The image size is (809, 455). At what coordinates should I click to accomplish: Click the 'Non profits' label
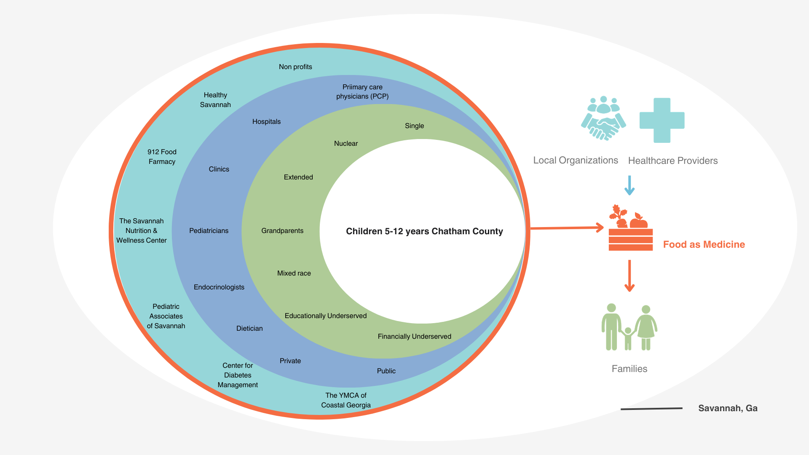pos(295,67)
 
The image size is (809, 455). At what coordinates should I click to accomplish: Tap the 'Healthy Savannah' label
pos(215,100)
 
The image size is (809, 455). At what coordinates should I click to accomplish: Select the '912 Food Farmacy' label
pos(162,157)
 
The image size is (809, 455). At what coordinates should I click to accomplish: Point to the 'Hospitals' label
pos(266,122)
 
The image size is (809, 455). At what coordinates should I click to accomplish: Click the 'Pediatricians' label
pos(209,231)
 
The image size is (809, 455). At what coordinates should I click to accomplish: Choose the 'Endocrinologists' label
pos(219,287)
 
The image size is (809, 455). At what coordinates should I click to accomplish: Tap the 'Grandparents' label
pos(282,231)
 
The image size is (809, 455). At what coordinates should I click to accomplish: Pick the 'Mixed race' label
pos(294,273)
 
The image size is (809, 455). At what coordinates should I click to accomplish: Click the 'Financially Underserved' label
pos(414,337)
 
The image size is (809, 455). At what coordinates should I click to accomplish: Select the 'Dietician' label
pos(249,329)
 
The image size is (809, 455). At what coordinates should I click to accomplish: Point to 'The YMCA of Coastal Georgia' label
pos(346,400)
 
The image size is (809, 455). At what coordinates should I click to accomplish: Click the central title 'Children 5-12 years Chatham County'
pos(424,231)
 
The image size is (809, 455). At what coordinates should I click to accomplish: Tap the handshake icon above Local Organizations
pos(603,118)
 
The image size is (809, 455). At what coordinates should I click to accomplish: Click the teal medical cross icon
pos(662,120)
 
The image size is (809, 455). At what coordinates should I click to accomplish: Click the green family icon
pos(629,327)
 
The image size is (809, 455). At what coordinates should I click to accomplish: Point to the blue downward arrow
pos(630,185)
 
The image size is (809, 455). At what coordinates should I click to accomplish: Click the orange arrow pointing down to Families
pos(630,276)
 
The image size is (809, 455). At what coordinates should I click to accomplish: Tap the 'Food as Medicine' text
pos(704,245)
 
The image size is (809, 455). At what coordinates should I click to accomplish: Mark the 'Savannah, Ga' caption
pos(728,408)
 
